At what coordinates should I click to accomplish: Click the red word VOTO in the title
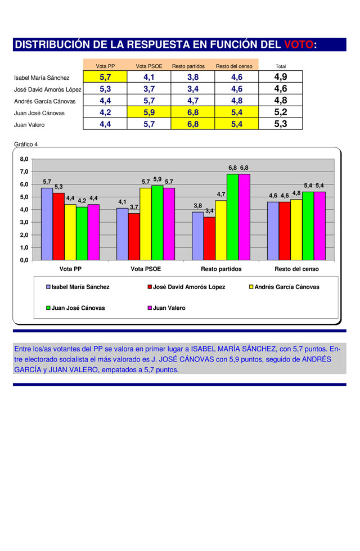pos(299,44)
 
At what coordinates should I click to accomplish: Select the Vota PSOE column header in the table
pos(149,66)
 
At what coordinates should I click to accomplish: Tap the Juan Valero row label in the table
pos(29,125)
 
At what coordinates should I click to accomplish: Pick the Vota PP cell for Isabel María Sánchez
pos(105,76)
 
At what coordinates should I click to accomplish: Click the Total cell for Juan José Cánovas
pos(281,112)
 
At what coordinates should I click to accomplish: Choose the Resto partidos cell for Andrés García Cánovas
pos(192,101)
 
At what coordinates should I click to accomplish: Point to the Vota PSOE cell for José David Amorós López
pos(149,89)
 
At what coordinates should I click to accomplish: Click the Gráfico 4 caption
pos(26,144)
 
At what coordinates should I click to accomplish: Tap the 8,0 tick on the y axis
pos(24,159)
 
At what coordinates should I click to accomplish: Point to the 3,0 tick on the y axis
pos(24,222)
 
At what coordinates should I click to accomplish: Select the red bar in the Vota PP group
pos(58,227)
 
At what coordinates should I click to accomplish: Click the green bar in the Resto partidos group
pos(232,217)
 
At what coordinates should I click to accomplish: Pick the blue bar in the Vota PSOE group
pos(123,234)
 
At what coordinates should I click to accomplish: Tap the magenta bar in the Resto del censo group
pos(319,226)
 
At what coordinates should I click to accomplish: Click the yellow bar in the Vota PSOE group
pos(146,224)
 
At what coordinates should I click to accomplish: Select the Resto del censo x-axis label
pos(297,269)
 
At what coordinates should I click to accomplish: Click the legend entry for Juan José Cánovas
pos(75,308)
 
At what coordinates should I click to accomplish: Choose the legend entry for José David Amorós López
pos(186,287)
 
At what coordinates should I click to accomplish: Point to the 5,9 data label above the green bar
pos(157,179)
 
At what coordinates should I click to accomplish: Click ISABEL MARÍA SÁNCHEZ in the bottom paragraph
pos(233,349)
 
